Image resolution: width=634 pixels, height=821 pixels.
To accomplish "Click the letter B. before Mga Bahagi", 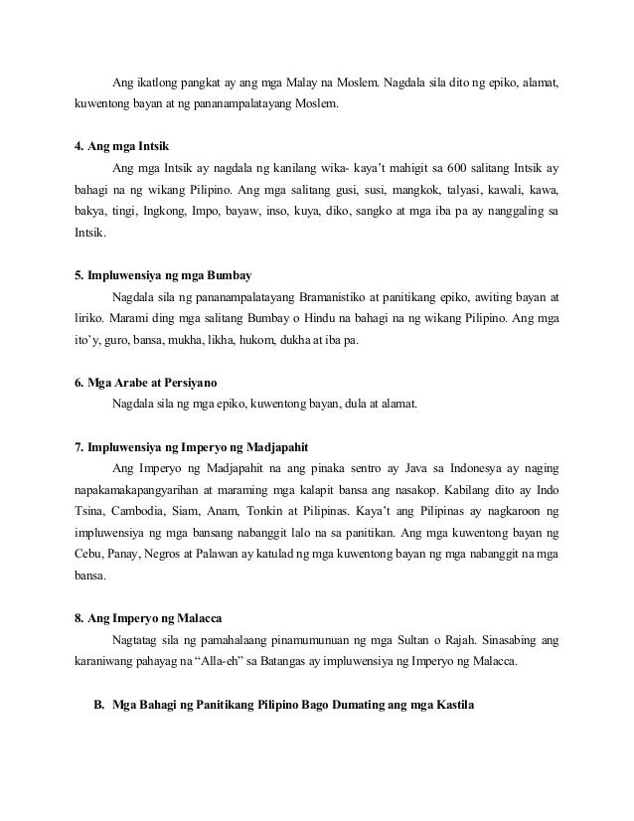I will [98, 706].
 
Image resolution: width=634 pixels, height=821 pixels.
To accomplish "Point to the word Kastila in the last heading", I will [453, 706].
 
